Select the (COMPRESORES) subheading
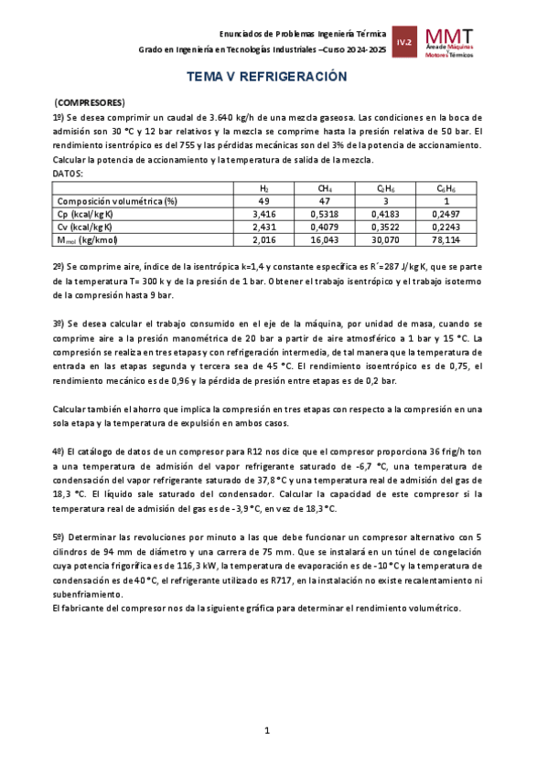coord(90,102)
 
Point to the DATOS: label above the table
coord(69,173)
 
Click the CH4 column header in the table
coord(326,188)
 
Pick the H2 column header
coord(263,188)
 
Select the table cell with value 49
coord(263,201)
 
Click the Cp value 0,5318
coord(326,214)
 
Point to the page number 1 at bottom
coord(266,730)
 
